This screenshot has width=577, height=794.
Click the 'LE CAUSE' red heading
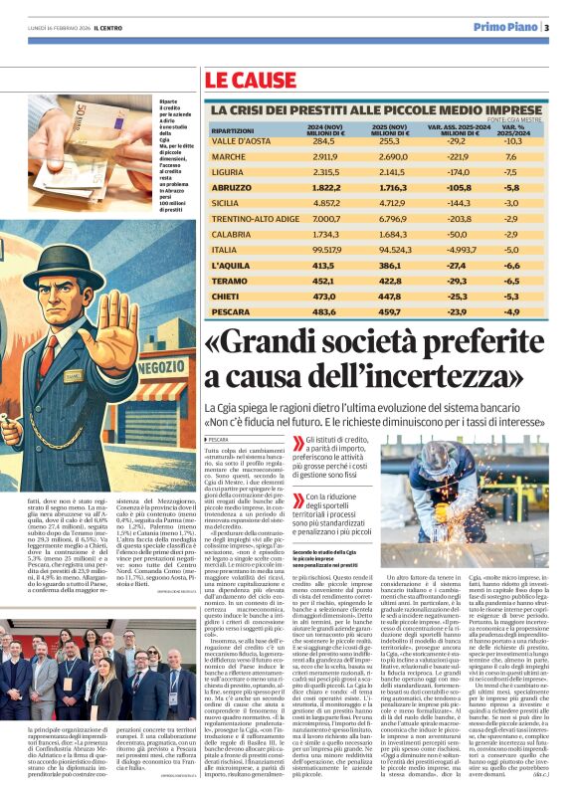pyautogui.click(x=251, y=79)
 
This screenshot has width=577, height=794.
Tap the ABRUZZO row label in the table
pyautogui.click(x=231, y=187)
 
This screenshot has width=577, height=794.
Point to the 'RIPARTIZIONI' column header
pyautogui.click(x=233, y=130)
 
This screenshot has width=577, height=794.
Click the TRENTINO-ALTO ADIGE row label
pyautogui.click(x=256, y=218)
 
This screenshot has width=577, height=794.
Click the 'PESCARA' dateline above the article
pyautogui.click(x=220, y=439)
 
